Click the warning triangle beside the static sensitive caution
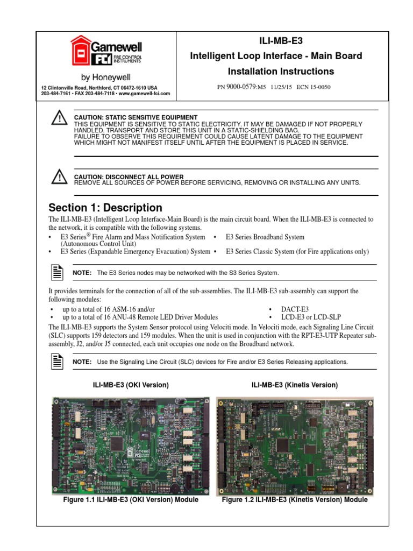[x=58, y=119]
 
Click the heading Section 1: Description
[x=105, y=208]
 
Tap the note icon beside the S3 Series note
[x=58, y=272]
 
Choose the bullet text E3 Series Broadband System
[x=265, y=237]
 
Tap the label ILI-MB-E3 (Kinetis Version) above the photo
[x=295, y=385]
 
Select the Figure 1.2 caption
[x=295, y=499]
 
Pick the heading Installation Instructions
[x=280, y=71]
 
